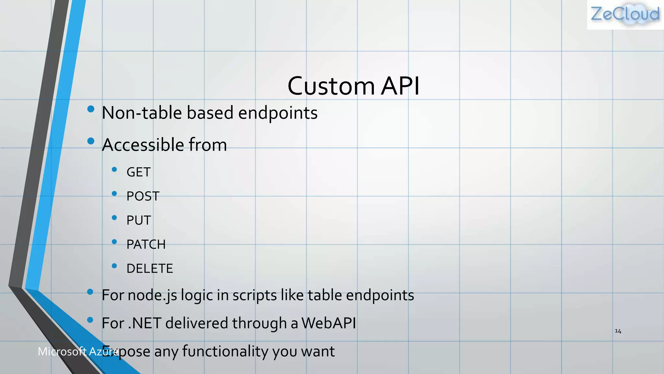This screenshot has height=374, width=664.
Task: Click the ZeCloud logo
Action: (625, 15)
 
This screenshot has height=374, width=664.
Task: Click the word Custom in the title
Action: (331, 86)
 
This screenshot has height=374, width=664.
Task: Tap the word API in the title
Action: (400, 86)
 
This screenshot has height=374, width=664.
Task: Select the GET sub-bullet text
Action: (138, 172)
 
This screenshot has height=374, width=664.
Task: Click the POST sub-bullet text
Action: (143, 196)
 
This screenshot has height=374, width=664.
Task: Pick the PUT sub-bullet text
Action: (139, 220)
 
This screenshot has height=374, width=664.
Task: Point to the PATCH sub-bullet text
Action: (146, 244)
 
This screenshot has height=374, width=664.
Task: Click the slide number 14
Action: (618, 331)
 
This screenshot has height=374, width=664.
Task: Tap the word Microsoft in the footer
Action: (62, 351)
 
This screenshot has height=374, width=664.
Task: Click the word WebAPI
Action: (328, 323)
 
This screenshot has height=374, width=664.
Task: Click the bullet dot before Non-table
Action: (91, 109)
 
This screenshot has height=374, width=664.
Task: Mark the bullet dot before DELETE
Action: (114, 266)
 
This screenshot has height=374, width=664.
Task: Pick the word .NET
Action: (145, 323)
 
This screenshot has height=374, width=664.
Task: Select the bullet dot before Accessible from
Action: (91, 141)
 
